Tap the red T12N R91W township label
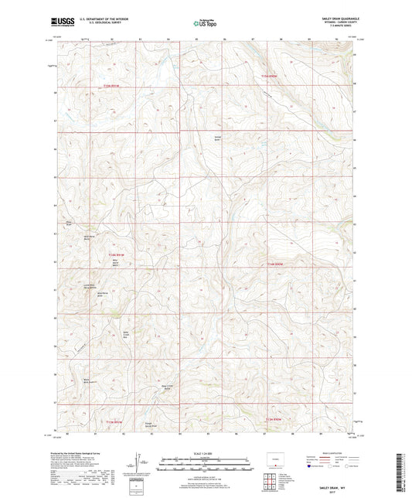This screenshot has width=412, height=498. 116,254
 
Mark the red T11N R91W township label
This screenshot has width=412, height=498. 114,420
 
